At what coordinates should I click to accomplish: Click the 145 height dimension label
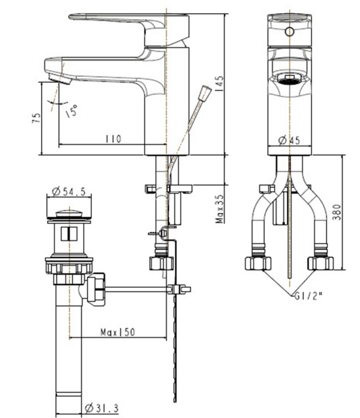click(219, 84)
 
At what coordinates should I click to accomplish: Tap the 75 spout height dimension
click(37, 118)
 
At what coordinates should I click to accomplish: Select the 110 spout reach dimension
click(113, 139)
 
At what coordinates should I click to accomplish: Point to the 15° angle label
click(71, 111)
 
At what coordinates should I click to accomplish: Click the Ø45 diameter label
click(289, 140)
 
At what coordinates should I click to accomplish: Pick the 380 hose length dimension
click(338, 212)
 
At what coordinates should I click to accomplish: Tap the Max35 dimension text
click(220, 209)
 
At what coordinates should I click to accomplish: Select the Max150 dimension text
click(118, 332)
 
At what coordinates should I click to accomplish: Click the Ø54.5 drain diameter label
click(68, 192)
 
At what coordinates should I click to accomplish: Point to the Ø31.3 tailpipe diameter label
click(102, 408)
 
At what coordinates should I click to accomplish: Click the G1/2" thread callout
click(308, 296)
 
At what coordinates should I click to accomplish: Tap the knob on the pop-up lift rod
click(206, 93)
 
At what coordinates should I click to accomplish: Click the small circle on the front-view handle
click(289, 32)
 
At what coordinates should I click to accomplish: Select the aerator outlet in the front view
click(289, 79)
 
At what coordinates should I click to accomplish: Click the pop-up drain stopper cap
click(68, 213)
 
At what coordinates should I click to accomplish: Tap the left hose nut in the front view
click(258, 264)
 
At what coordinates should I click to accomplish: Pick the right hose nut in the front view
click(321, 264)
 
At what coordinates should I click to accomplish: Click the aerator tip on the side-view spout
click(60, 79)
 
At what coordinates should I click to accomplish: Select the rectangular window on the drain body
click(69, 234)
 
